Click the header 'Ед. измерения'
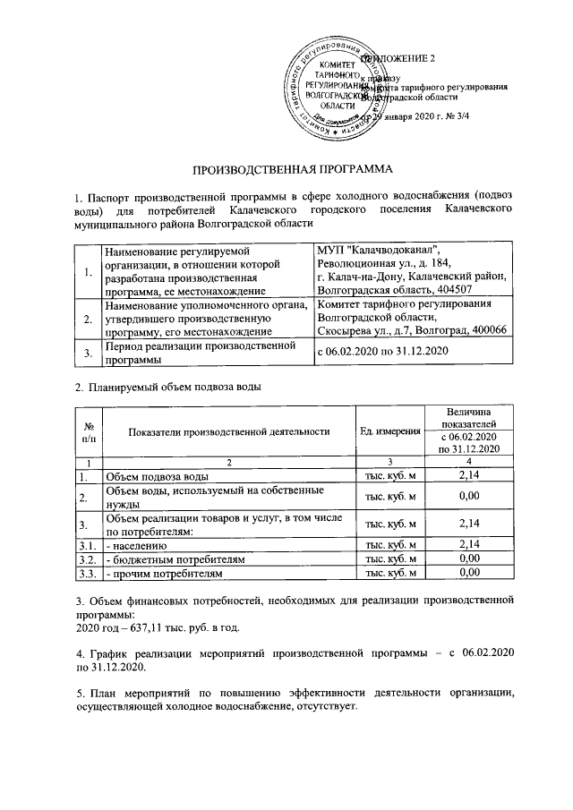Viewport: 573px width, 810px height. pyautogui.click(x=389, y=432)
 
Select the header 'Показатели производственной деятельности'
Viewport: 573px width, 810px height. pyautogui.click(x=229, y=432)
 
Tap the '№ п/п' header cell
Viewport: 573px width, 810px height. pyautogui.click(x=88, y=432)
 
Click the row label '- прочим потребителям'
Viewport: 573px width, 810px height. pyautogui.click(x=163, y=573)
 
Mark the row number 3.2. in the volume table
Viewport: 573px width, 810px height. pyautogui.click(x=87, y=558)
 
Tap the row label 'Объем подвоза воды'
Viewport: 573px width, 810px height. pyautogui.click(x=158, y=476)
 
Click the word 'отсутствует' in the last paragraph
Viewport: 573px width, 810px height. pyautogui.click(x=324, y=707)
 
